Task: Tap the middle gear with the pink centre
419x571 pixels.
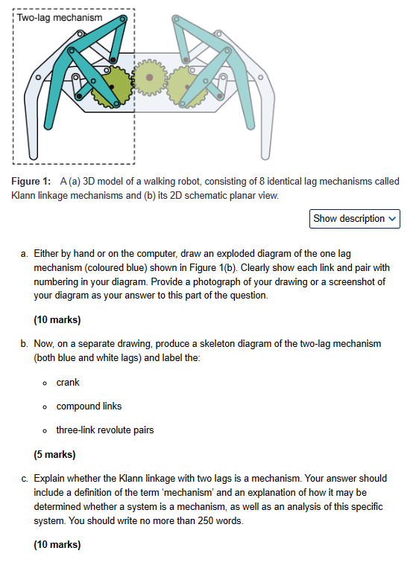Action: pos(150,77)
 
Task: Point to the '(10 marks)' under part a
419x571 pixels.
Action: pos(57,320)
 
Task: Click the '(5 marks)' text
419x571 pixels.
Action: pos(54,453)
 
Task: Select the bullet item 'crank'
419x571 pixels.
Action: pos(68,383)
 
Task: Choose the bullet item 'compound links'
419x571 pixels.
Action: pos(89,406)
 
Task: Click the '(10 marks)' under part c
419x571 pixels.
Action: pos(57,545)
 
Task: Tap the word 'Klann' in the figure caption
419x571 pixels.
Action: pos(24,195)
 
